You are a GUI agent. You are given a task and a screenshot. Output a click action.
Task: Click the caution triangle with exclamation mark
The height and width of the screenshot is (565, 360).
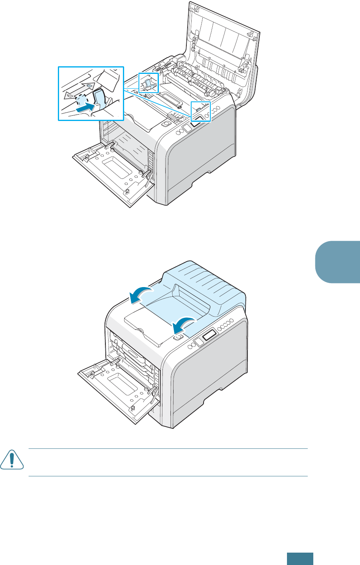tap(12, 460)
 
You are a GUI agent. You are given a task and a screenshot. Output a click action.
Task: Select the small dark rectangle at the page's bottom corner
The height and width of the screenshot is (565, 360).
tap(299, 558)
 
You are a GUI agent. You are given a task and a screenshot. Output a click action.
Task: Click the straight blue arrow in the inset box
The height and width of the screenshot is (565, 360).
tap(85, 108)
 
